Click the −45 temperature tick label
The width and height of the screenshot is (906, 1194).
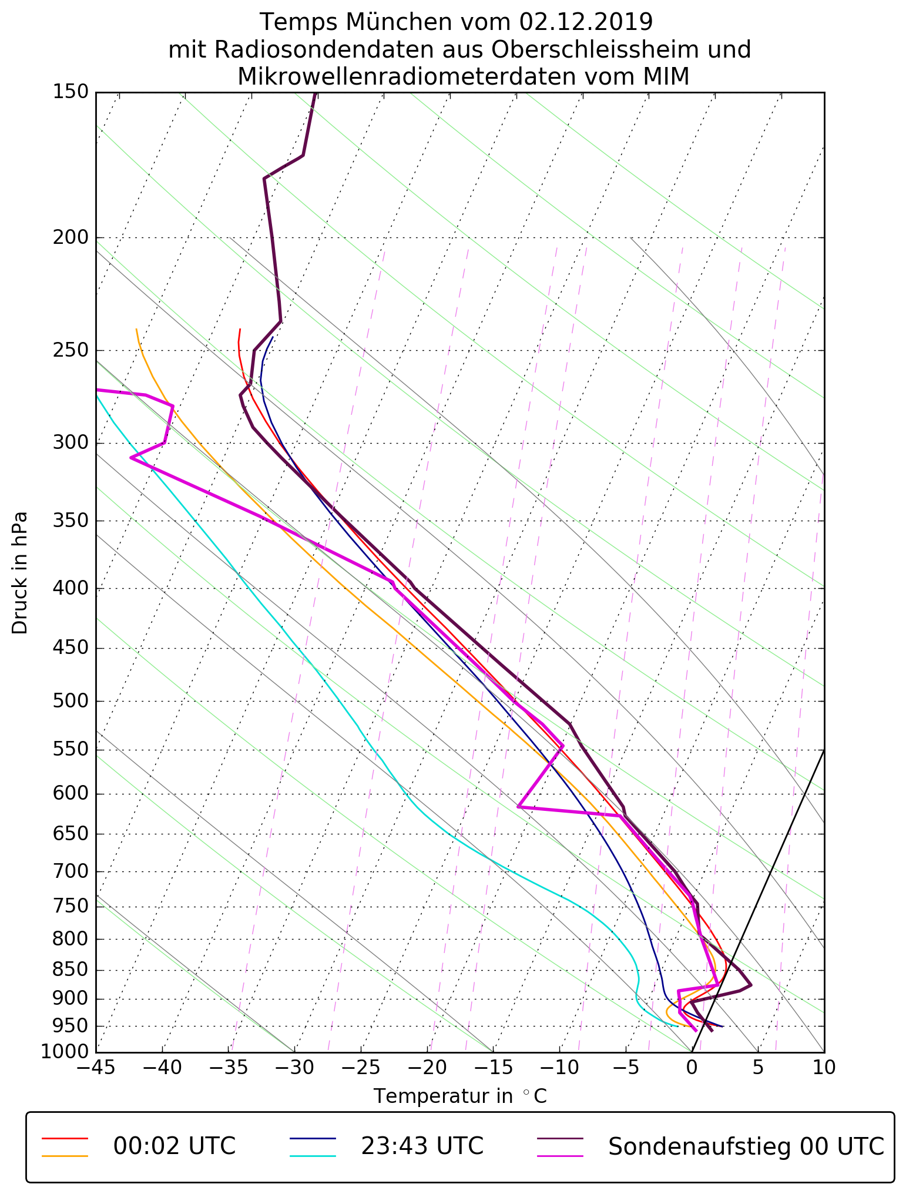96,1068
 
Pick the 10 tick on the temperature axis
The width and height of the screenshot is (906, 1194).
824,1068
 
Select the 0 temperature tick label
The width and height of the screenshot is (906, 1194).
692,1068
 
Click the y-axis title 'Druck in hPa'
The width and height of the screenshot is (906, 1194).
20,573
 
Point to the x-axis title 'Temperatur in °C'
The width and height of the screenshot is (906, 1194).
460,1096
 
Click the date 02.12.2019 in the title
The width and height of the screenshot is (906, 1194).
586,22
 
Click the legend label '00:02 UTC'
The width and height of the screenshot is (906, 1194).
175,1146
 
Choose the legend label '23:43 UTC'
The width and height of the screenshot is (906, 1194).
422,1146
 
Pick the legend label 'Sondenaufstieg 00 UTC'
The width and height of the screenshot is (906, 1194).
746,1146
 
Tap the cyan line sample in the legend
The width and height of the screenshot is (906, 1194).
313,1155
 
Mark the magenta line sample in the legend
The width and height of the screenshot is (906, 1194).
561,1155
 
